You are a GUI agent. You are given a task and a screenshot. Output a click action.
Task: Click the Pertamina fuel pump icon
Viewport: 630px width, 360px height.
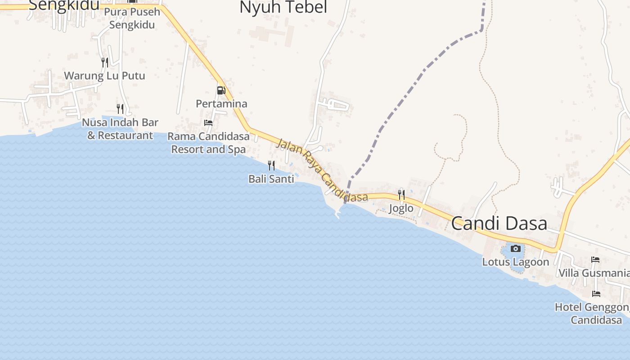(220, 90)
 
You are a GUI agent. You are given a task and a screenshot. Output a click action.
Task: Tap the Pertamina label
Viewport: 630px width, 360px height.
(221, 104)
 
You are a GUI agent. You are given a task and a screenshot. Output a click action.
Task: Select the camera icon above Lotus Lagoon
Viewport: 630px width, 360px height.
(516, 248)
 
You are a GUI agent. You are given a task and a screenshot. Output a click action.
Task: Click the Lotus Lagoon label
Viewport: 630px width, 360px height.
(516, 262)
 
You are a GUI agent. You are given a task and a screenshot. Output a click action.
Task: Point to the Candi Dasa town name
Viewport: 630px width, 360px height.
(499, 224)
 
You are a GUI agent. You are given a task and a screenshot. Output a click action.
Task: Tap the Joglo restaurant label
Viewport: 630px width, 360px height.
(401, 208)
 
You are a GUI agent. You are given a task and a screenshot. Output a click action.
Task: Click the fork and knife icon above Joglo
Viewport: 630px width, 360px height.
(401, 194)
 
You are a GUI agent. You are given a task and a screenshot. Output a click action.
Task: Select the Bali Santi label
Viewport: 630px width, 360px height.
(271, 179)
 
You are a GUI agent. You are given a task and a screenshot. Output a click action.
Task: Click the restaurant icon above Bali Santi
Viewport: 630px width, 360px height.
(271, 165)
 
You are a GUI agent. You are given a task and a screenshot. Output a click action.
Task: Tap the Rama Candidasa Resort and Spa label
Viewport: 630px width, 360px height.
(208, 143)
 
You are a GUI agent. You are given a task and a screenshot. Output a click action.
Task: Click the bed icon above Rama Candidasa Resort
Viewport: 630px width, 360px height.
(208, 122)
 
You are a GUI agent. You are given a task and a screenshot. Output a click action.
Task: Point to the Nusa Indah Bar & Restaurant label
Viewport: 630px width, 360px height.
(120, 129)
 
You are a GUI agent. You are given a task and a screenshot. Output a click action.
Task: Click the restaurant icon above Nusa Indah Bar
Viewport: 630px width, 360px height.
(120, 108)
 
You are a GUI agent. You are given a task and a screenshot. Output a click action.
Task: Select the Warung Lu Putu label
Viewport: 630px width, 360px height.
(104, 76)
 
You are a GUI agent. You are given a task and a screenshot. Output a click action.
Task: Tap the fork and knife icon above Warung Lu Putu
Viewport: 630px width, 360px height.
(104, 62)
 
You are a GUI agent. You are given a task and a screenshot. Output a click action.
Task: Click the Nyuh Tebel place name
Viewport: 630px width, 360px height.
(283, 7)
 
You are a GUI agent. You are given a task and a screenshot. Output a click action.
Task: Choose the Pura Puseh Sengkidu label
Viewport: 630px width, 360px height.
(132, 18)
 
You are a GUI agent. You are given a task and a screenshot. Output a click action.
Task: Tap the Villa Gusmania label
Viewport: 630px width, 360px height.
(594, 273)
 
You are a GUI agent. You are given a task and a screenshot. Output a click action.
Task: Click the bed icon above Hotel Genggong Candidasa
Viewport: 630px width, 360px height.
(596, 294)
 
